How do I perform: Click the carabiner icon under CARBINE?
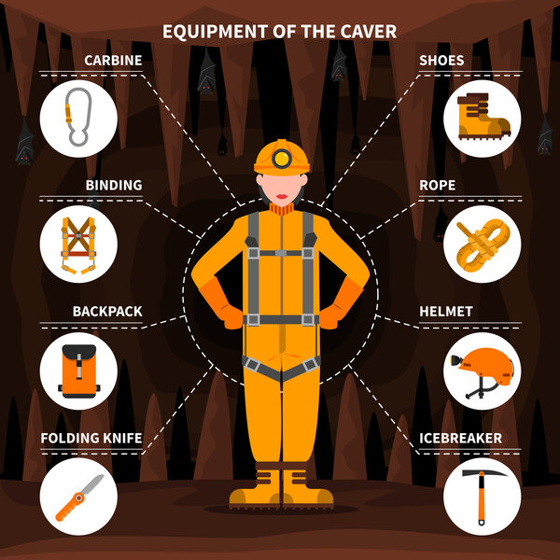click(78, 118)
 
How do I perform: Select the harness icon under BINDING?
click(78, 243)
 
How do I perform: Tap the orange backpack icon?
click(78, 370)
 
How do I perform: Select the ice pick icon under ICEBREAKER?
click(482, 496)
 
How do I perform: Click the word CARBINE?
click(113, 61)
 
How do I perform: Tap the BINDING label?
click(114, 185)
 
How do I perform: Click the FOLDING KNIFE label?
click(91, 437)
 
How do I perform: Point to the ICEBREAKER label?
click(460, 437)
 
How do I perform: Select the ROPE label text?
click(437, 185)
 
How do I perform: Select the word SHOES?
click(441, 61)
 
